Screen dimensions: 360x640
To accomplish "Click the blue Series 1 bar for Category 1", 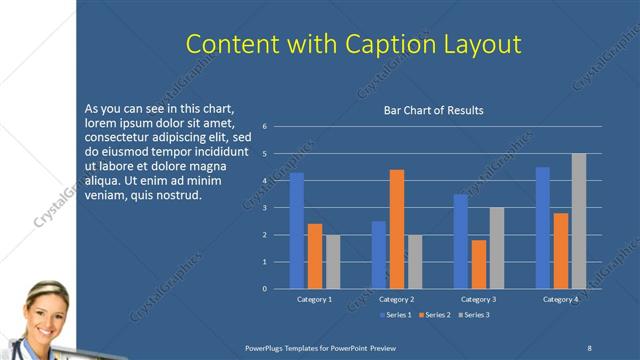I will (297, 231).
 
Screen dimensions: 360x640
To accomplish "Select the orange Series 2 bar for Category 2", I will (397, 229).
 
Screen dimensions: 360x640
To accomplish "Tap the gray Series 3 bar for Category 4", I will (579, 221).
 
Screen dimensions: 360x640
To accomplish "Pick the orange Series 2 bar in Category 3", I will (479, 264).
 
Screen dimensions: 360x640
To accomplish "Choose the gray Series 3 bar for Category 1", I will (333, 262).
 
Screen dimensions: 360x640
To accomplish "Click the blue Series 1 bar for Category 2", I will (379, 255).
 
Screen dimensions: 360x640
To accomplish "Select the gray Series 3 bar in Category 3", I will (497, 248).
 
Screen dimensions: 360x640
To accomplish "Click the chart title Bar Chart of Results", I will (434, 111).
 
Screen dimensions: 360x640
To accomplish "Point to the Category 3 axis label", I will (479, 299).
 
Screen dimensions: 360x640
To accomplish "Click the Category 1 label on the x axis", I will (315, 299).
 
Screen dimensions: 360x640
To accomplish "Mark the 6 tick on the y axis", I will (265, 127).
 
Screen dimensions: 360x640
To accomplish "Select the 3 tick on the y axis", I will (265, 208).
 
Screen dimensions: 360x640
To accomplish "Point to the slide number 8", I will (589, 348).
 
